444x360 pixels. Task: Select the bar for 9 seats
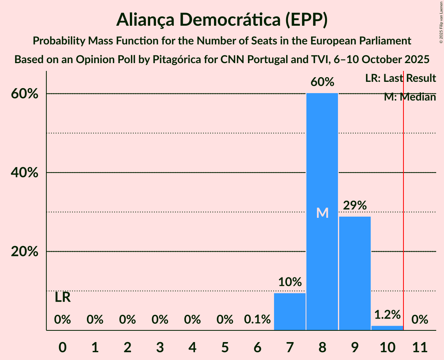coord(355,273)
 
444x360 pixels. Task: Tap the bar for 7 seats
coord(290,312)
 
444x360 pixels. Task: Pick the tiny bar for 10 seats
coord(387,328)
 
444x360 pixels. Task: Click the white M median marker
coord(322,213)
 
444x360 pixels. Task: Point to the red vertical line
coord(403,195)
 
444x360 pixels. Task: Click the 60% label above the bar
coord(322,82)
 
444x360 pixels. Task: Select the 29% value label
coord(355,205)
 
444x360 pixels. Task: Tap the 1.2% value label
coord(387,315)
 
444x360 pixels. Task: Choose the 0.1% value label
coord(257,320)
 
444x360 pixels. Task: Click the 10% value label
coord(290,282)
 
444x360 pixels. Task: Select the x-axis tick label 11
coord(420,346)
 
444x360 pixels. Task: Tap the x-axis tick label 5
coord(225,346)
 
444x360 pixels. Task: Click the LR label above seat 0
coord(62,298)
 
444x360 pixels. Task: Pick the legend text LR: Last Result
coord(400,78)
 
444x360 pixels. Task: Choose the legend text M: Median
coord(410,97)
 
